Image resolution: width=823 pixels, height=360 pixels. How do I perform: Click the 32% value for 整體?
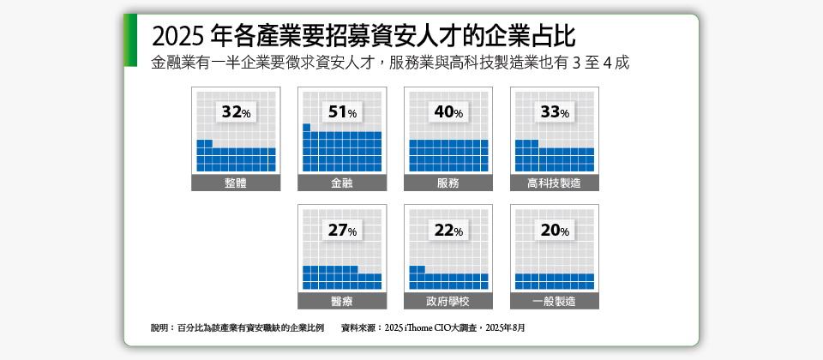coord(236,112)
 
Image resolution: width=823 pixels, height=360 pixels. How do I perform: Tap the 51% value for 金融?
coord(342,112)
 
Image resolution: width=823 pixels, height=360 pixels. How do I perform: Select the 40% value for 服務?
coord(448,112)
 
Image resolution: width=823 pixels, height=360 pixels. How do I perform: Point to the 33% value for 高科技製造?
coord(555,112)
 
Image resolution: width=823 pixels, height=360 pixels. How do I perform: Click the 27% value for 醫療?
coord(342,230)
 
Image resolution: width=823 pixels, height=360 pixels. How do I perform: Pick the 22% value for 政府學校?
coord(448,230)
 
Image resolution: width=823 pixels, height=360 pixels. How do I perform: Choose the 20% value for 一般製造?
coord(555,230)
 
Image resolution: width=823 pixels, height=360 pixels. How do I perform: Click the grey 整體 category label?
coord(236,183)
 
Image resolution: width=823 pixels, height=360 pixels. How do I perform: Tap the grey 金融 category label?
coord(342,183)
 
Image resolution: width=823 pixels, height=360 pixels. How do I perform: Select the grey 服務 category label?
coord(448,183)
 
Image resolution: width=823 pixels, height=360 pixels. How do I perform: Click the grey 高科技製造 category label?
coord(555,183)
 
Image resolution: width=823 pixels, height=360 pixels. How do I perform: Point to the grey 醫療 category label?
coord(342,301)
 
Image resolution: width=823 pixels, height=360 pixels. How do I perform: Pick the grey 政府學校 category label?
coord(448,301)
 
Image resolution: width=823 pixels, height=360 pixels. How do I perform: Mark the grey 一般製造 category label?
coord(555,301)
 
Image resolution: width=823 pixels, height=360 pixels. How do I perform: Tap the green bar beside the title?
coord(130,40)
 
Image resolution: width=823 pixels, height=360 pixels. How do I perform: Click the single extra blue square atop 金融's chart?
coord(306,128)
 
